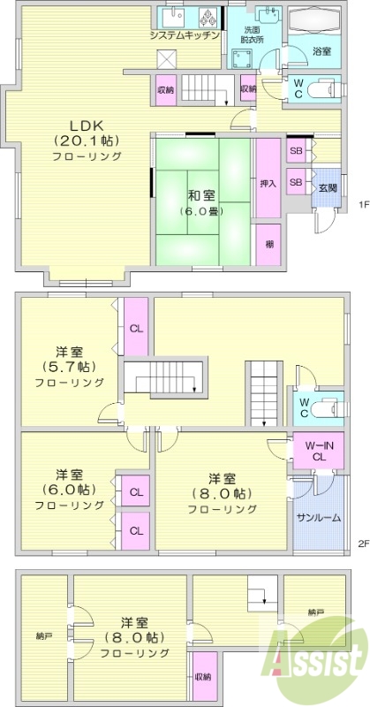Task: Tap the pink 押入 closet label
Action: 268,185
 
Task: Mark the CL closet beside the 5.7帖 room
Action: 136,328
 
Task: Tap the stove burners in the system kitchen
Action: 209,17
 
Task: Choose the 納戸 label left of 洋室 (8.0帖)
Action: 43,635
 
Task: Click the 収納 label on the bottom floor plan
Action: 203,676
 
